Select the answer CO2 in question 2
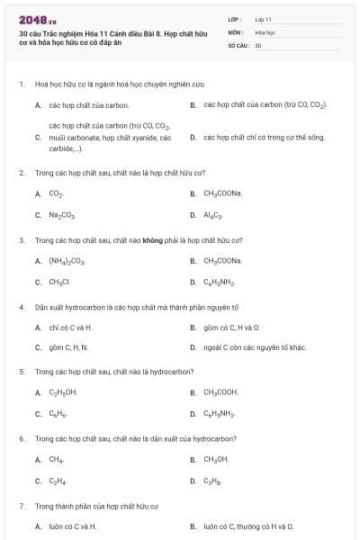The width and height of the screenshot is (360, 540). coord(56,193)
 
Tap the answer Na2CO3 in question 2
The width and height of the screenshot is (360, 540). coord(62,215)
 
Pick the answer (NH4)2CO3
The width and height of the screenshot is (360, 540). coord(67,261)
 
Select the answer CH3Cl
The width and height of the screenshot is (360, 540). coord(59,283)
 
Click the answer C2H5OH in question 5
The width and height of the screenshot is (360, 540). coord(63,392)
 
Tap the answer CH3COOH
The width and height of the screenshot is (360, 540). coord(220,392)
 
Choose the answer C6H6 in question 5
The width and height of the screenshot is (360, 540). coord(58,414)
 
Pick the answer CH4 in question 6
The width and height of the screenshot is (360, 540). coord(56,459)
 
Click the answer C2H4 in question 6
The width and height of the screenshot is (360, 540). coord(57,481)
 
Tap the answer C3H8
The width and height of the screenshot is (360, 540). coord(213,481)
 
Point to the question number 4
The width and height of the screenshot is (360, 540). coord(22,307)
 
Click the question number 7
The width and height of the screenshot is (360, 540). coord(22,506)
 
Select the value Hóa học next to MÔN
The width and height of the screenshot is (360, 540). coord(265,31)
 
